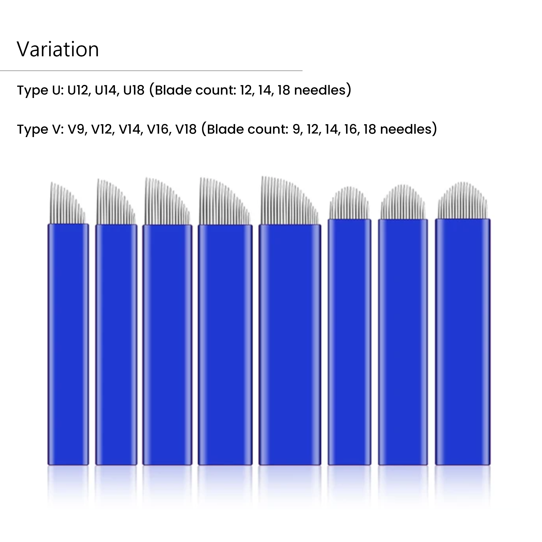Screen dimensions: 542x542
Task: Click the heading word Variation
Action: [x=58, y=49]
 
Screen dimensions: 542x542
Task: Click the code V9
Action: [x=77, y=129]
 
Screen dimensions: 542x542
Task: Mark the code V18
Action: [x=186, y=129]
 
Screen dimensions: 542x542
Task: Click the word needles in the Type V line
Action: [x=406, y=129]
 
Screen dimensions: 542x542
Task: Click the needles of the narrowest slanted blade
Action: [x=67, y=203]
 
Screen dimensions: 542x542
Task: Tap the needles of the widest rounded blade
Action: [x=463, y=200]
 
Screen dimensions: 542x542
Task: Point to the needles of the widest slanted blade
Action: [x=290, y=200]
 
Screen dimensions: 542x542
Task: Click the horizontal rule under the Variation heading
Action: [x=151, y=71]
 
